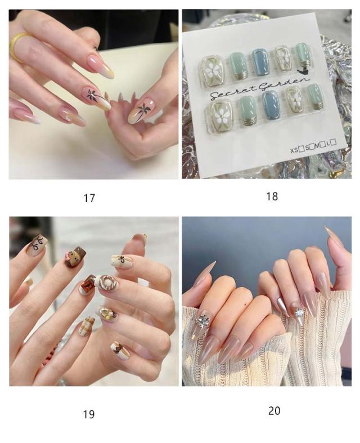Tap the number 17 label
click(x=89, y=198)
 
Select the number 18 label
click(x=272, y=196)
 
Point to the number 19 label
click(x=89, y=414)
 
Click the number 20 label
click(x=274, y=411)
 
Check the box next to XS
click(x=301, y=149)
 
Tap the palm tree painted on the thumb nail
click(x=145, y=110)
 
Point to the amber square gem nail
click(x=87, y=285)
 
